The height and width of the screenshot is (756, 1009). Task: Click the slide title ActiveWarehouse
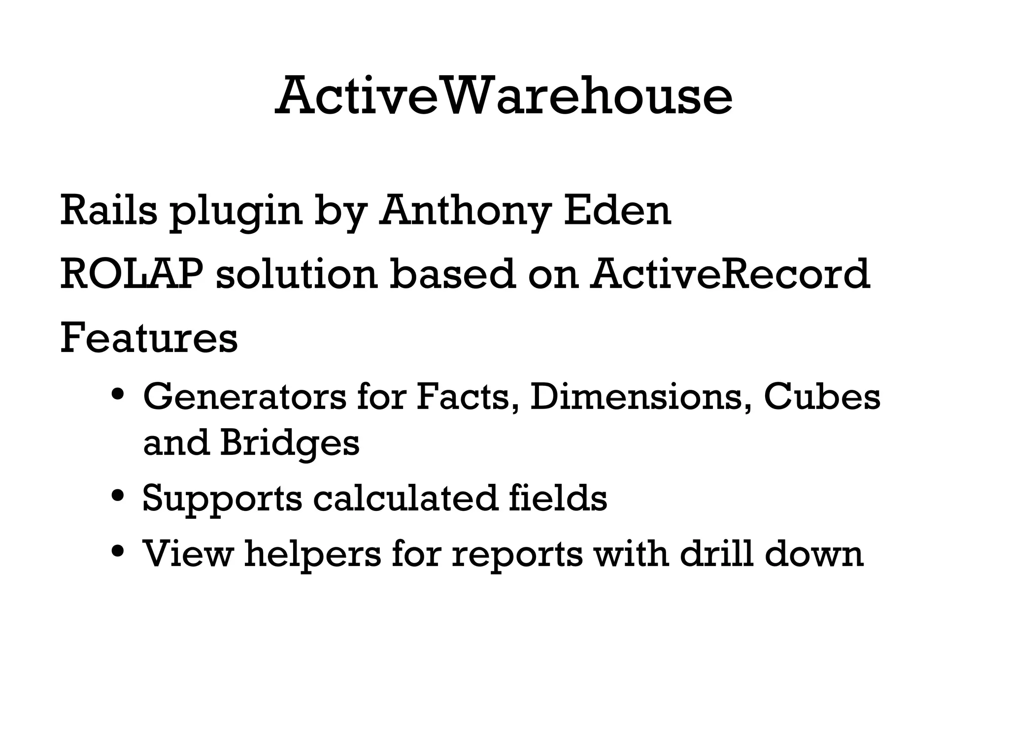(504, 95)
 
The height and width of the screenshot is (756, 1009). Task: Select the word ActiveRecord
(731, 274)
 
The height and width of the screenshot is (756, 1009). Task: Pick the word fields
(557, 498)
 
